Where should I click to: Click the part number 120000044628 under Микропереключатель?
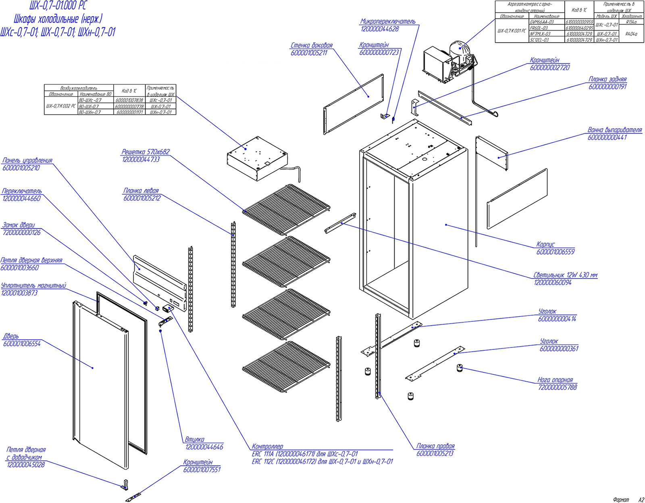[x=380, y=29]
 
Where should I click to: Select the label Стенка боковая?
[x=312, y=46]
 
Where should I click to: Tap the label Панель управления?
[x=27, y=160]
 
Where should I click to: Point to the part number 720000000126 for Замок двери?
[x=22, y=233]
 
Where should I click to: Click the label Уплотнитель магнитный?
[x=33, y=286]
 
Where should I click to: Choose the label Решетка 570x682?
[x=146, y=152]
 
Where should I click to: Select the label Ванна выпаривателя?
[x=614, y=130]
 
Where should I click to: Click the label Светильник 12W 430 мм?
[x=565, y=275]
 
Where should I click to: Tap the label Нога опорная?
[x=555, y=380]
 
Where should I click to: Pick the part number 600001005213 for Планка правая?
[x=435, y=453]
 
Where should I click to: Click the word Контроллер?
[x=267, y=447]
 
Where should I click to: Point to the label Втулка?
[x=194, y=439]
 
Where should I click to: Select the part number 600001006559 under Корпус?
[x=556, y=252]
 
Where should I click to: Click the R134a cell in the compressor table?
[x=631, y=23]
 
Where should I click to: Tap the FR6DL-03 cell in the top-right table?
[x=539, y=28]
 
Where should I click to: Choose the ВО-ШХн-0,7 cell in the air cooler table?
[x=90, y=112]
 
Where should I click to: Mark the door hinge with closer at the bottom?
[x=125, y=484]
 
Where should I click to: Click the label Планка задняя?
[x=608, y=79]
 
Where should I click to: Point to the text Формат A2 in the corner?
[x=628, y=500]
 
